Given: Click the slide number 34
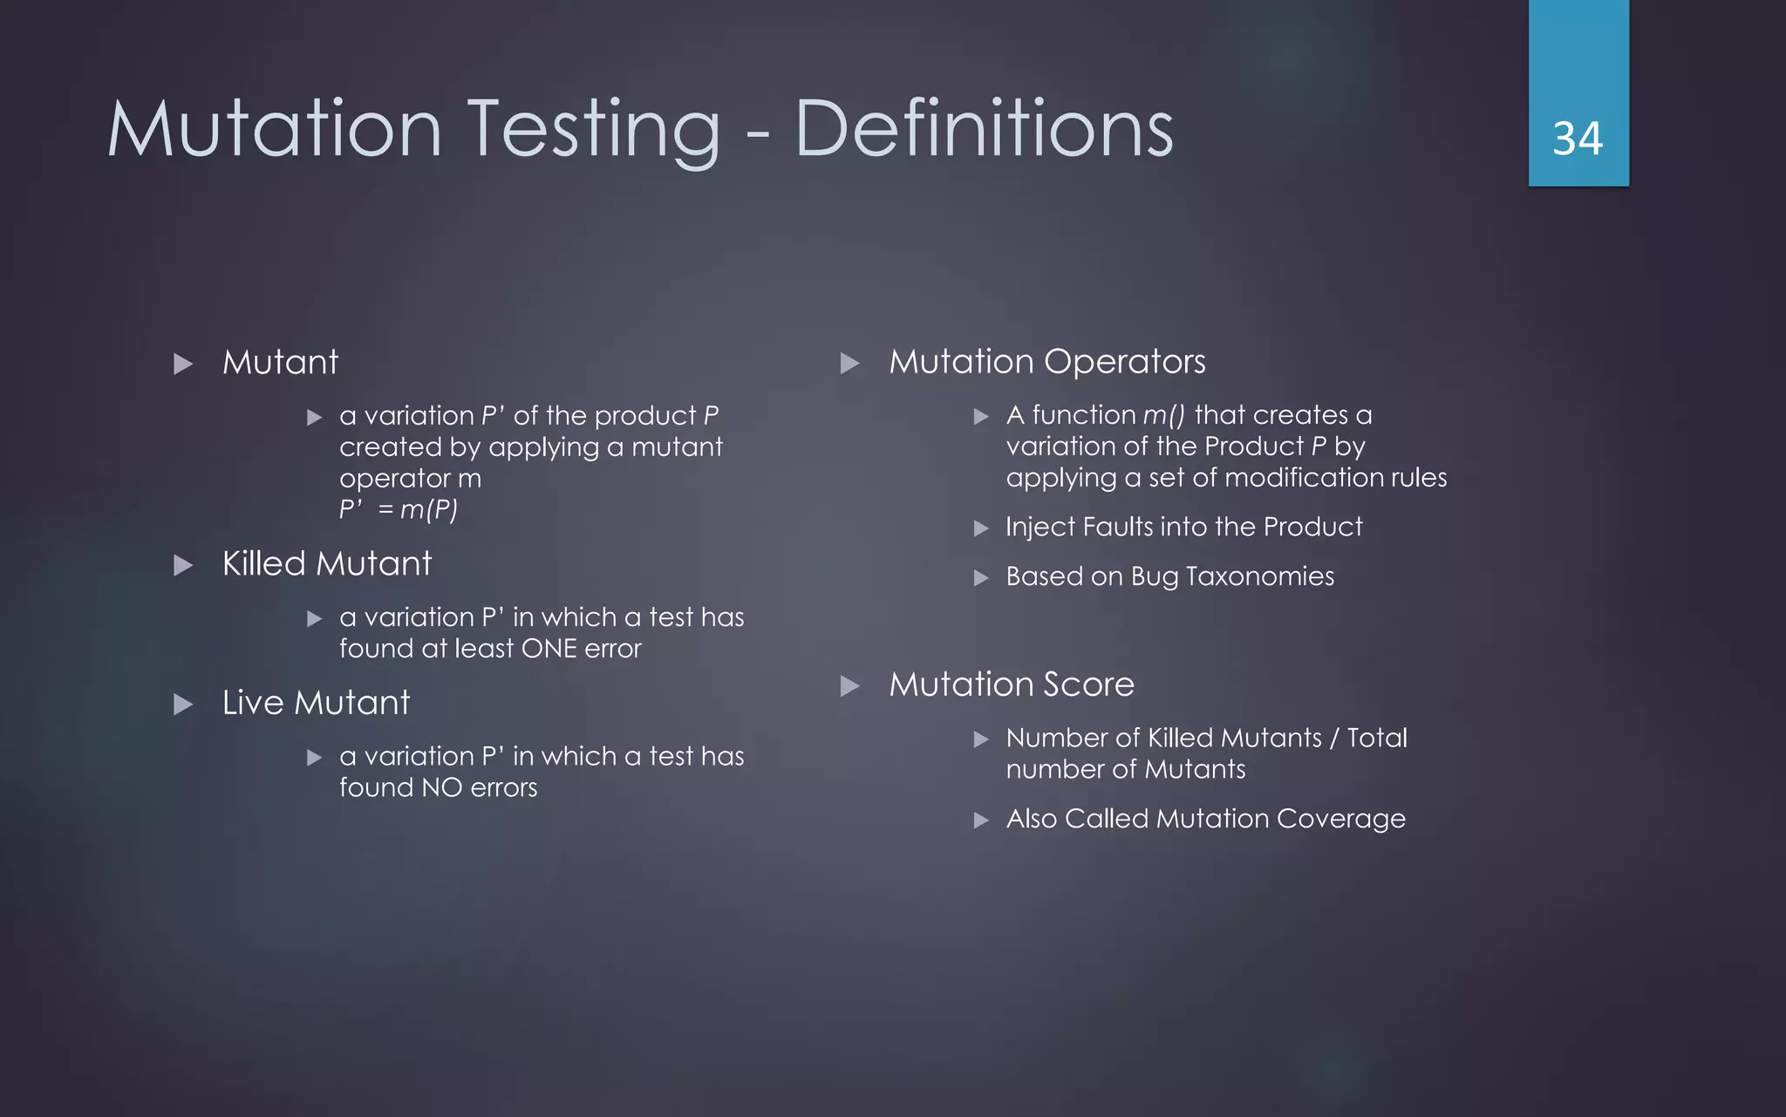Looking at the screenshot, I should pos(1578,139).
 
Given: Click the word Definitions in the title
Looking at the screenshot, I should pos(984,129).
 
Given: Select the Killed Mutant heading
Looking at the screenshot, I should pos(327,563).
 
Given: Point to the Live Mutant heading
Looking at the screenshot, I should pos(316,703).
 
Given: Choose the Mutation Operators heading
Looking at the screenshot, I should pos(1046,362).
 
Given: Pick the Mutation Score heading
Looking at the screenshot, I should pos(1012,685).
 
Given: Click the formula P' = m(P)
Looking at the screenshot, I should pos(399,509).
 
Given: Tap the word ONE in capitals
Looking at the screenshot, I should pos(549,649).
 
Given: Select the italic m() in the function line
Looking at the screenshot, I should pos(1163,415).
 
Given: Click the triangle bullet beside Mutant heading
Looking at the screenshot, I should pos(183,364).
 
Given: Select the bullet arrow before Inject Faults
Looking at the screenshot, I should pos(981,528).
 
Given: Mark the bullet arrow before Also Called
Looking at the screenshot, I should pos(981,821).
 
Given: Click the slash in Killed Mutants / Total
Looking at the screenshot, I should pos(1333,739).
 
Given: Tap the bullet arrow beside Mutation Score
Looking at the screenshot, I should pos(849,686).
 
